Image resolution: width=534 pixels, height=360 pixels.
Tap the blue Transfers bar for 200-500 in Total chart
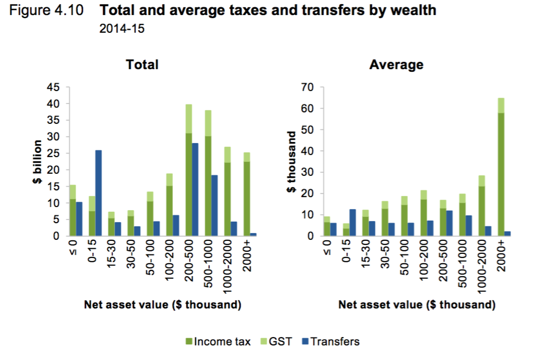(x=195, y=190)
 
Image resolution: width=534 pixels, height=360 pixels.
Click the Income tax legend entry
(x=218, y=342)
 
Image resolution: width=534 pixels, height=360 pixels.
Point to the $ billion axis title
(x=37, y=161)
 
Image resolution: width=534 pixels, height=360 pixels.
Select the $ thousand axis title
(x=291, y=161)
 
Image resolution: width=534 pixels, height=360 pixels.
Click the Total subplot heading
(x=142, y=65)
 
